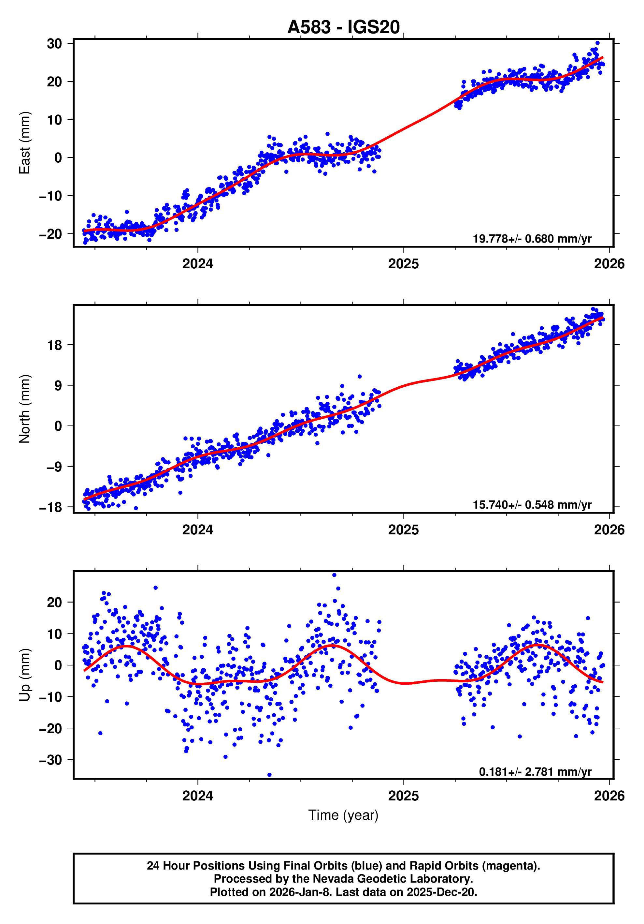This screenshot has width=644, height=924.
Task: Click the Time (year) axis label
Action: click(343, 815)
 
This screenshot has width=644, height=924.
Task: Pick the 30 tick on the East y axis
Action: click(54, 43)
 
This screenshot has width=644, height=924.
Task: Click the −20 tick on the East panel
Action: click(50, 234)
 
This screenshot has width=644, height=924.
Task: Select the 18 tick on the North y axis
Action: click(55, 345)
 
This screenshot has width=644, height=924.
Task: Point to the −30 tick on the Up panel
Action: click(50, 760)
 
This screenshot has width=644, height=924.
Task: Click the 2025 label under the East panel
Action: click(403, 264)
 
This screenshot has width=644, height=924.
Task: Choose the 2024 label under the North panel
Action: click(197, 529)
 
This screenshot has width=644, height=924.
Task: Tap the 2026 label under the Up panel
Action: click(609, 796)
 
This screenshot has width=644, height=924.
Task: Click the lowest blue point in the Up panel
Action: click(269, 775)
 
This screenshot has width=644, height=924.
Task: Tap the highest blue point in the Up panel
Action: click(334, 575)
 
